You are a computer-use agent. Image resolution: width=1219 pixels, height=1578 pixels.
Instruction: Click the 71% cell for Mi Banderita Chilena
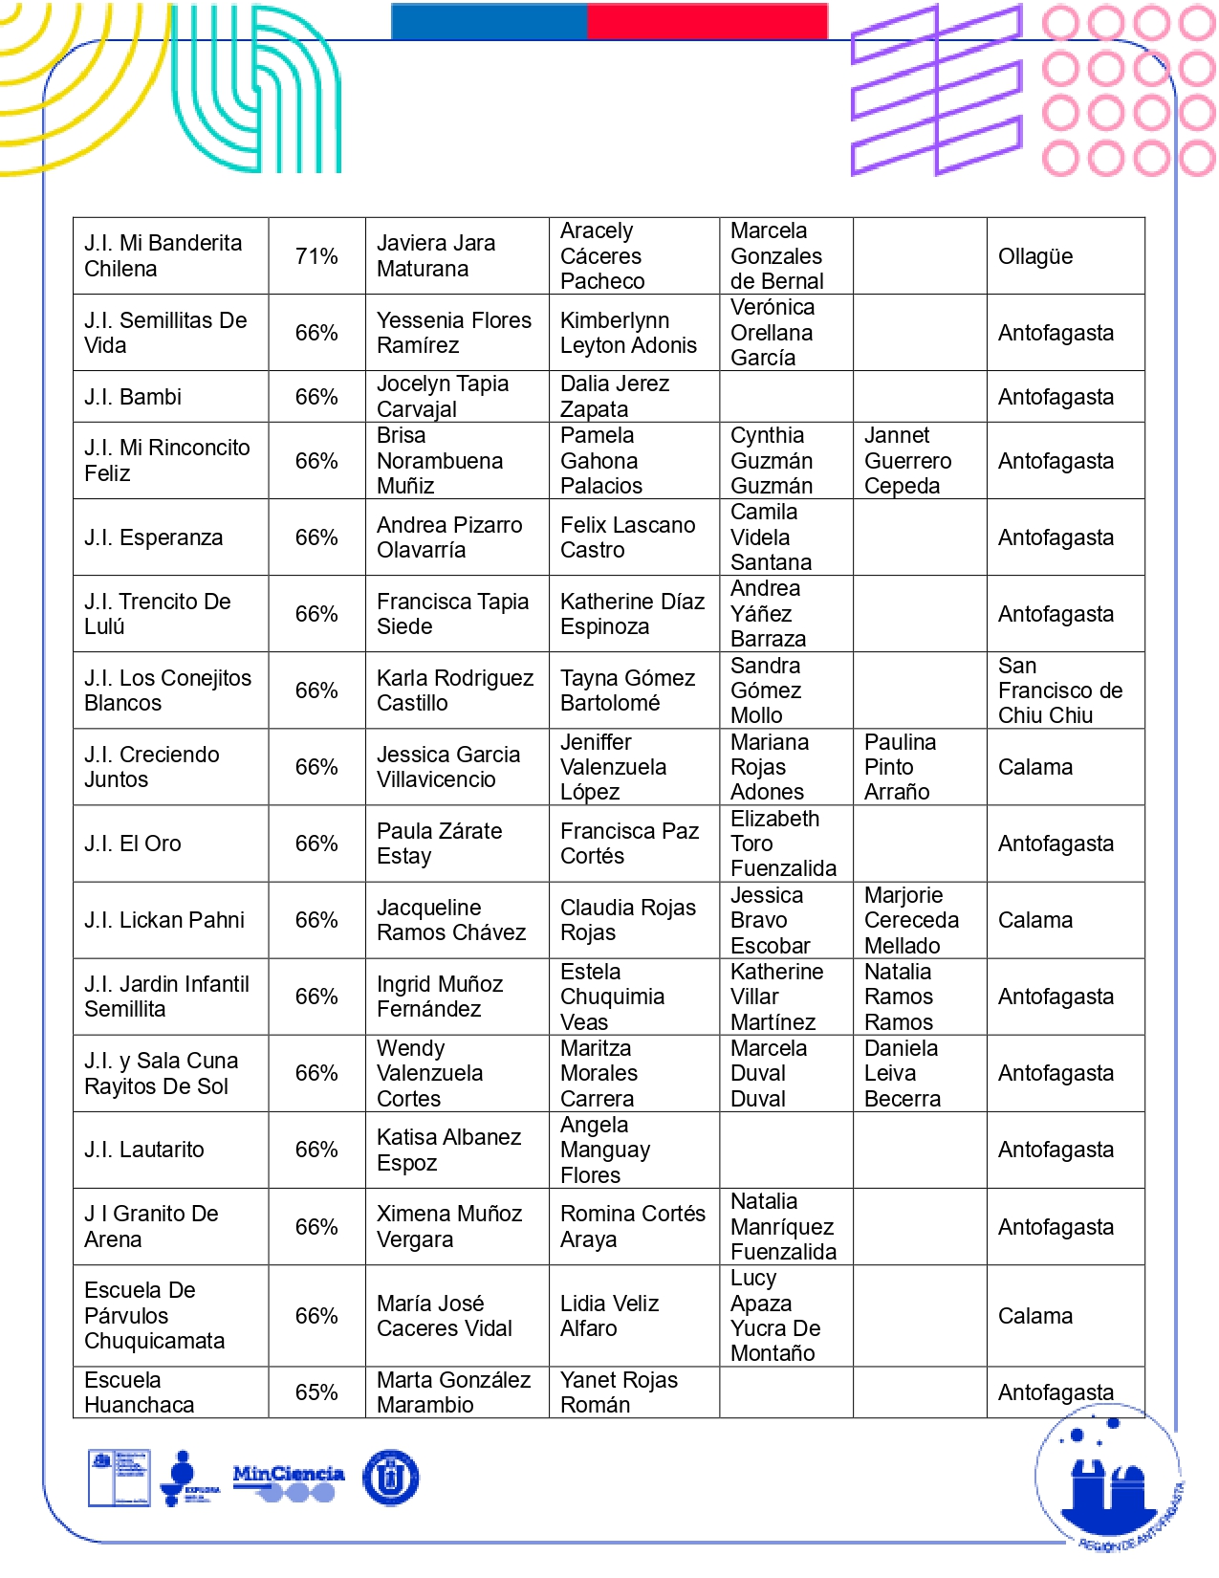pos(316,256)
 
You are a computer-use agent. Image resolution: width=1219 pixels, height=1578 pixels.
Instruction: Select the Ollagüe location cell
pos(1035,256)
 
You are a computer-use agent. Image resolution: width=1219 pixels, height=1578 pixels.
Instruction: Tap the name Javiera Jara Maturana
pos(436,256)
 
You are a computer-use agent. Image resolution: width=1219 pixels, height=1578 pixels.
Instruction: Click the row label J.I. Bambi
pos(133,397)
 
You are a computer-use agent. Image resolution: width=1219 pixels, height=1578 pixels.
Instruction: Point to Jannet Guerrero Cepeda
pos(907,461)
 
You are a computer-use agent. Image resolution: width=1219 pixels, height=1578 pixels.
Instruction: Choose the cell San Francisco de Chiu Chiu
pos(1059,690)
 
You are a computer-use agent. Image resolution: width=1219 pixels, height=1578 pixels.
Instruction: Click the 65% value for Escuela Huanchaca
pos(316,1392)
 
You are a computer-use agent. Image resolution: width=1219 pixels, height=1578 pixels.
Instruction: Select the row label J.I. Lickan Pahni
pos(164,920)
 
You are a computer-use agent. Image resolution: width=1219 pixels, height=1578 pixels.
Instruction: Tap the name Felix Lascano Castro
pos(627,537)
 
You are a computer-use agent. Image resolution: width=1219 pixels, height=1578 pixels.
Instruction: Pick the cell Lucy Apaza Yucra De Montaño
pos(775,1316)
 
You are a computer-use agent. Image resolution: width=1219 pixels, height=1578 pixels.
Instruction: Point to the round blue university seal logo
pos(390,1478)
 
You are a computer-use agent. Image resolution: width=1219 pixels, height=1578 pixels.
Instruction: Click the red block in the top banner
pos(707,21)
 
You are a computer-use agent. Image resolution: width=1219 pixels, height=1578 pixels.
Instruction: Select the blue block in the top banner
pos(489,21)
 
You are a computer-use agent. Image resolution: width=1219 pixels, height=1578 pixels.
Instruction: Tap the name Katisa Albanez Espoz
pos(448,1150)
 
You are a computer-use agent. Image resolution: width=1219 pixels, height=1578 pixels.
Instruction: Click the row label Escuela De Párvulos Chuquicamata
pos(154,1316)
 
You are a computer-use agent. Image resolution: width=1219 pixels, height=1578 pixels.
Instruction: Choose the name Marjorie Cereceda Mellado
pos(911,920)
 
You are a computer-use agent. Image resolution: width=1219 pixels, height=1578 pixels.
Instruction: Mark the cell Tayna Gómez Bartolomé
pos(627,690)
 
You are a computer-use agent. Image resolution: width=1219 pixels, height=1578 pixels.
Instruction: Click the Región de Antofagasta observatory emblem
pos(1109,1478)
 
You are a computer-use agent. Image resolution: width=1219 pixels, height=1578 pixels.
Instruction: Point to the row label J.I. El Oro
pos(133,844)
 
